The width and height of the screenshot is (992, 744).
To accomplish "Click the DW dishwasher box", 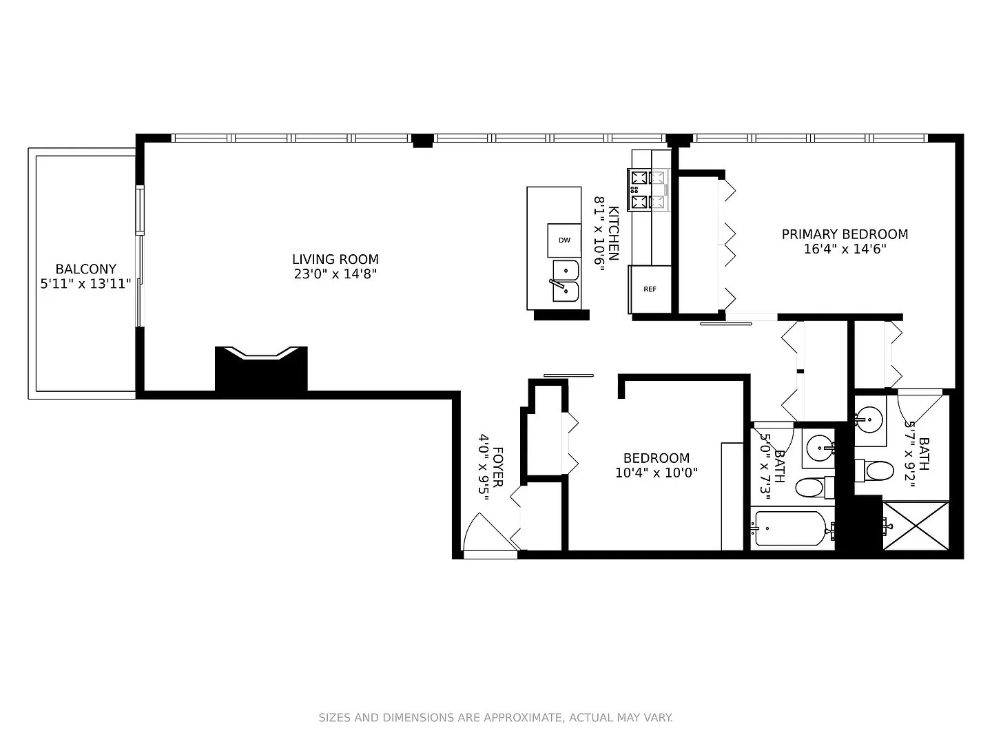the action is click(x=564, y=240).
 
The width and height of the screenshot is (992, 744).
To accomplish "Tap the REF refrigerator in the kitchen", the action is click(x=650, y=289).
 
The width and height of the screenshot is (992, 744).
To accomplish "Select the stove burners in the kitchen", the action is click(x=648, y=189).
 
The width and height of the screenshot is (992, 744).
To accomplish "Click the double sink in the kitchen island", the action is click(x=565, y=281).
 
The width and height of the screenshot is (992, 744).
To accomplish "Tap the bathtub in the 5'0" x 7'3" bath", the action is click(x=792, y=528).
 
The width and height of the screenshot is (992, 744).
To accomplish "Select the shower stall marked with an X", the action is click(x=916, y=526).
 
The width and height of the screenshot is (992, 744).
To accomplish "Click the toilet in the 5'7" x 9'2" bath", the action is click(x=874, y=471).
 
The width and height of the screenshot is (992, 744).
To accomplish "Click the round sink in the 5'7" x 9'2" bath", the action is click(x=869, y=420).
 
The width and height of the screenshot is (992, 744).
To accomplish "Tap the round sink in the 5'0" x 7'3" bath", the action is click(x=820, y=448).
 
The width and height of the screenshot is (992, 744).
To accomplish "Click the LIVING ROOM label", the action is click(x=335, y=259).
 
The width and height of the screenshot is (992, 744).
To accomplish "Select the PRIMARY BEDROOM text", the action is click(x=845, y=234).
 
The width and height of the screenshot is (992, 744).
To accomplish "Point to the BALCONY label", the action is click(x=86, y=269).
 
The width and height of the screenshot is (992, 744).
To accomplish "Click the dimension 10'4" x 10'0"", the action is click(x=657, y=473).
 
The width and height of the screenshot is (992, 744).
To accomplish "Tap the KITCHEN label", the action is click(x=613, y=234).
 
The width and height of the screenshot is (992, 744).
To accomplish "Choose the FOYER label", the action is click(x=497, y=467).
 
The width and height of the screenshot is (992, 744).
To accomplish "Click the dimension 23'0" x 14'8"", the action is click(x=335, y=273).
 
